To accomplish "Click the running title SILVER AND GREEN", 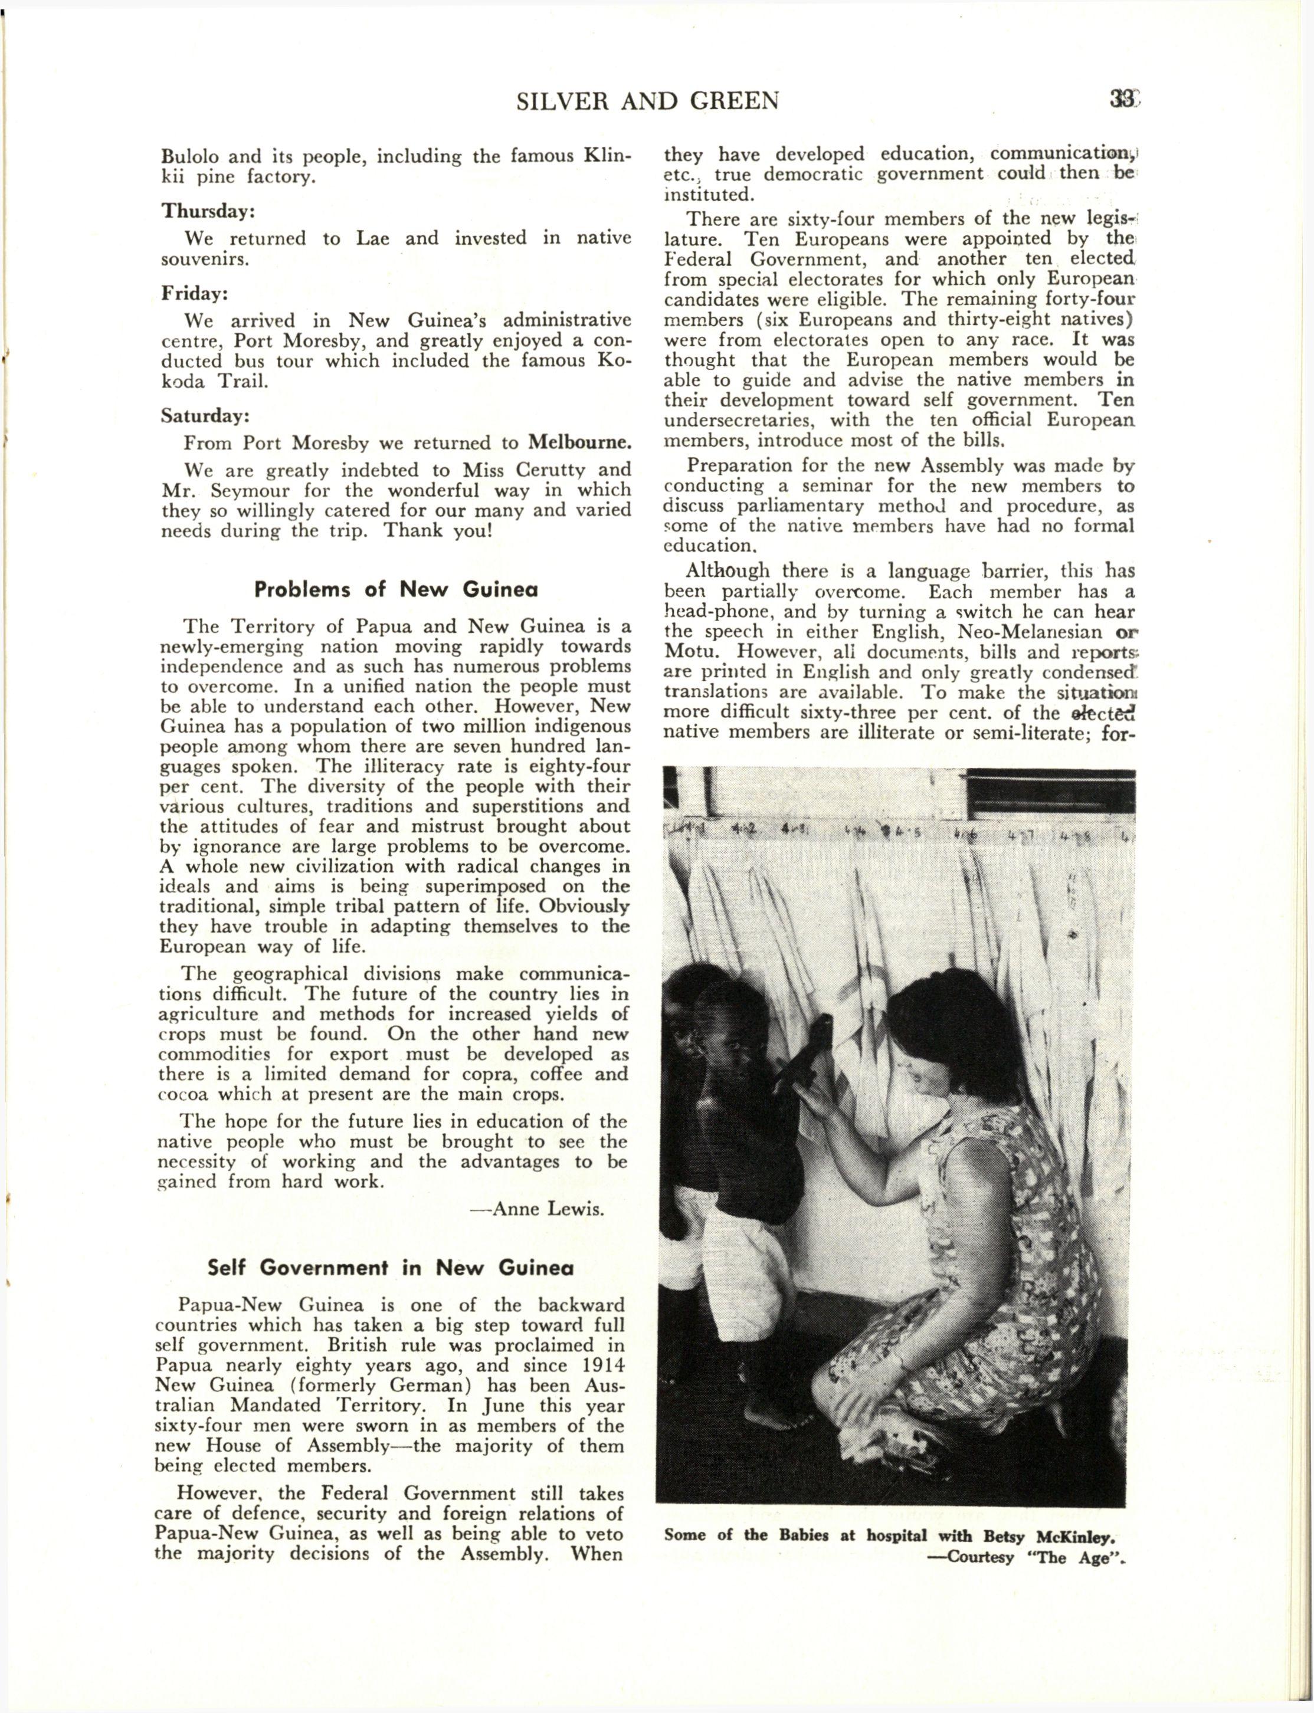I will pyautogui.click(x=648, y=101).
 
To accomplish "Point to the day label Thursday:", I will pyautogui.click(x=209, y=211).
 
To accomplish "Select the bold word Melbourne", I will pyautogui.click(x=579, y=442).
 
